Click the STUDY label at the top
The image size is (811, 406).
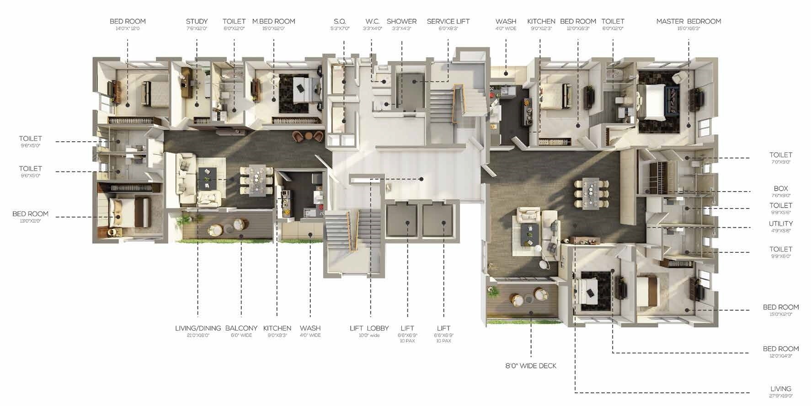pyautogui.click(x=197, y=21)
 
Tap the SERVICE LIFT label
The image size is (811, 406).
pyautogui.click(x=448, y=21)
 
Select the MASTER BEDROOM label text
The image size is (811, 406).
pyautogui.click(x=688, y=21)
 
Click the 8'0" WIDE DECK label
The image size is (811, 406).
pyautogui.click(x=531, y=366)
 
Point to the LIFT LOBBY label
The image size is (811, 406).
pyautogui.click(x=369, y=328)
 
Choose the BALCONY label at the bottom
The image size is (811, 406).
pyautogui.click(x=241, y=328)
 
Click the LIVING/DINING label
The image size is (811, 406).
pyautogui.click(x=198, y=328)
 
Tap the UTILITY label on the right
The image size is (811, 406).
pyautogui.click(x=780, y=224)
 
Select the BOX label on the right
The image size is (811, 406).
pyautogui.click(x=780, y=188)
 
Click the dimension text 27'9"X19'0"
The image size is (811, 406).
pyautogui.click(x=780, y=396)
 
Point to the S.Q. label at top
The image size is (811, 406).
pyautogui.click(x=340, y=21)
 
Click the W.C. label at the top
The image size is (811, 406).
pyautogui.click(x=373, y=21)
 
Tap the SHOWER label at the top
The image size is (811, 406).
pyautogui.click(x=401, y=21)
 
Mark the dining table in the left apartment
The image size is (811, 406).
pyautogui.click(x=256, y=179)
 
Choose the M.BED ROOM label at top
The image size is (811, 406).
pyautogui.click(x=273, y=21)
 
